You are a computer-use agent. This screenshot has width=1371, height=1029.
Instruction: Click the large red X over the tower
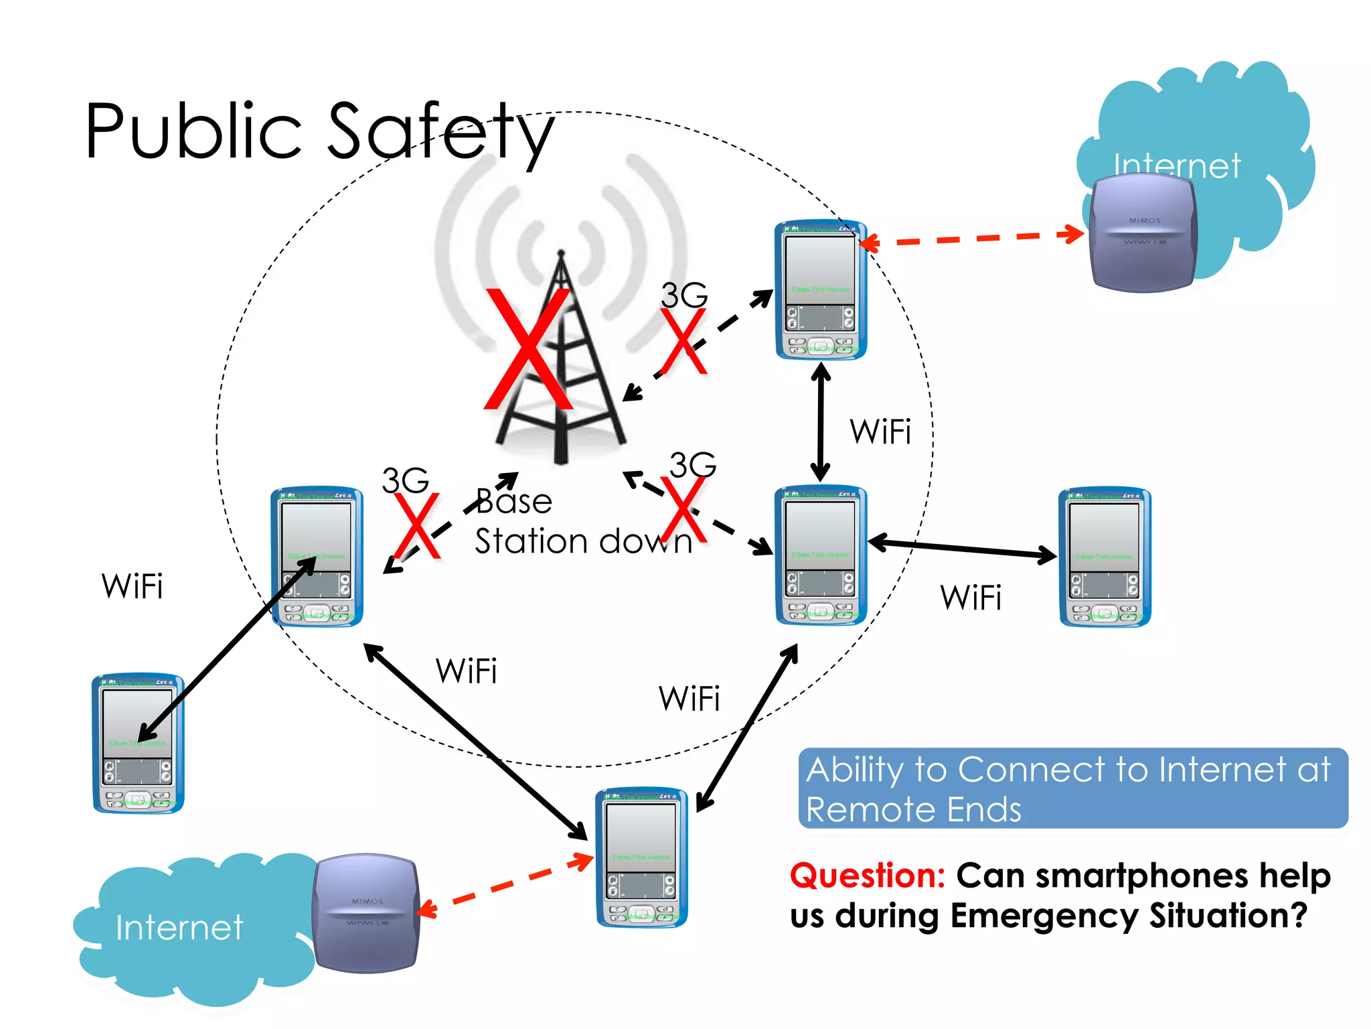[529, 350]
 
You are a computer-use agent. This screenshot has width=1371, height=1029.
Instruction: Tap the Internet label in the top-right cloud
[1177, 165]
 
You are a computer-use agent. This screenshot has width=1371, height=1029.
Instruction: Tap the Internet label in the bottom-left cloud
[179, 928]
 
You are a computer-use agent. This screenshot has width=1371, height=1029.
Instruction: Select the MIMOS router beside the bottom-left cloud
[366, 913]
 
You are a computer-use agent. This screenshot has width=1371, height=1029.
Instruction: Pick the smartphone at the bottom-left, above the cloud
[139, 744]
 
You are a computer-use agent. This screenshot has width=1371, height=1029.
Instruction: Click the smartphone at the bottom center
[641, 857]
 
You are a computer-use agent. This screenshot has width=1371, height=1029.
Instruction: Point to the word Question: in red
[867, 876]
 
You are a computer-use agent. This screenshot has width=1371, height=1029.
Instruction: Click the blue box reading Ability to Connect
[1072, 788]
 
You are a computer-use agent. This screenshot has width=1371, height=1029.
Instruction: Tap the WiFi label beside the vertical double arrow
[880, 431]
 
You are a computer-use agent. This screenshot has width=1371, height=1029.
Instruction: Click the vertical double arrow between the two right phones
[821, 422]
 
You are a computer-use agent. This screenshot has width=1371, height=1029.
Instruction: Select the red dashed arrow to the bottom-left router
[505, 884]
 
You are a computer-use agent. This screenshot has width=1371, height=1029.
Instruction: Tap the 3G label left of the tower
[405, 480]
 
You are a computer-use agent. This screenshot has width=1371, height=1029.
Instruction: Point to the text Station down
[582, 541]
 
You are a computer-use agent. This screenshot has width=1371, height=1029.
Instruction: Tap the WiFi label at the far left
[132, 586]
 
